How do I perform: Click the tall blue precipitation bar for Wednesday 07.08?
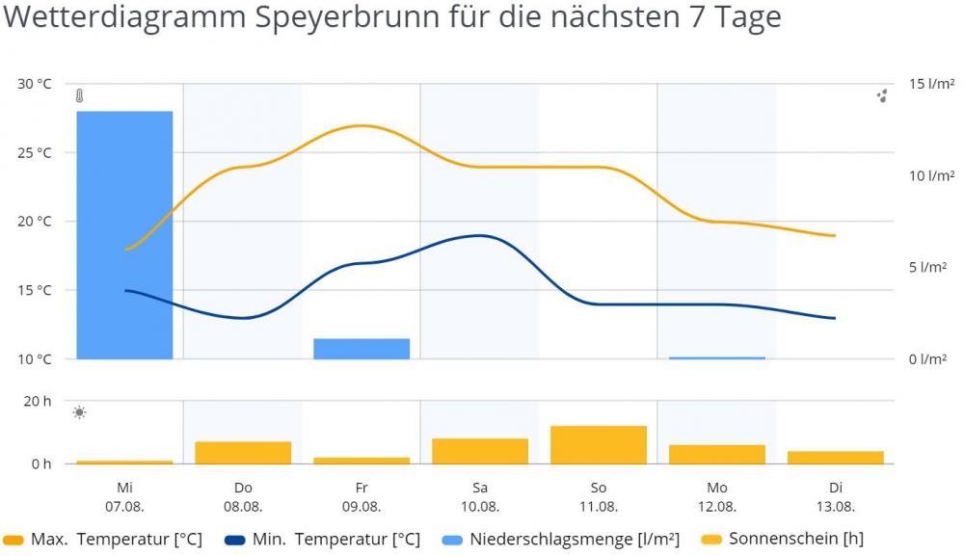[x=125, y=235]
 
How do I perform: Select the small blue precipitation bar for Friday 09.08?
[x=361, y=349]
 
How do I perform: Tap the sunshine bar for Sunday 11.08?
[x=599, y=444]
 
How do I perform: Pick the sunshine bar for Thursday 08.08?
[x=243, y=453]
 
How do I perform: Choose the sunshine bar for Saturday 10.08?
[x=480, y=451]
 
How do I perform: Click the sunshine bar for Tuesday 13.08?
[x=835, y=458]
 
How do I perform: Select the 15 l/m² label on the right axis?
[x=931, y=84]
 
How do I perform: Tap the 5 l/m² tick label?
[x=927, y=267]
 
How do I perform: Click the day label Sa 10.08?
[x=480, y=496]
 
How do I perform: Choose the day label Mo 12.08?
[x=717, y=496]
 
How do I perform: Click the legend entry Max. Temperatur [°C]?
[x=104, y=540]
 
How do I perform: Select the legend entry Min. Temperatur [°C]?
[x=322, y=540]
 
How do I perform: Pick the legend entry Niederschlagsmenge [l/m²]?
[x=560, y=540]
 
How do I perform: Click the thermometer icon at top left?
[x=79, y=96]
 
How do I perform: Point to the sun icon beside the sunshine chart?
[x=79, y=412]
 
